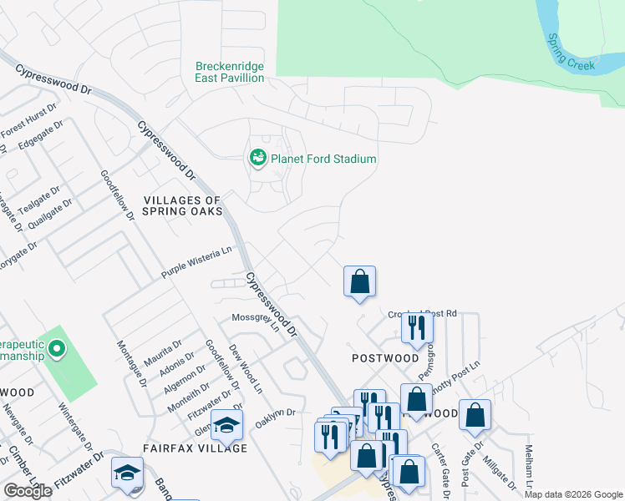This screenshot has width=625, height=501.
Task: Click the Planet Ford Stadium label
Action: click(323, 159)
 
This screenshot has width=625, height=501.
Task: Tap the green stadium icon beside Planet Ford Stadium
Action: click(257, 157)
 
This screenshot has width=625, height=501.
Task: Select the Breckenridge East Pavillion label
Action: click(230, 72)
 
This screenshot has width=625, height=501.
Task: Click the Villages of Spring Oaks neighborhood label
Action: click(182, 205)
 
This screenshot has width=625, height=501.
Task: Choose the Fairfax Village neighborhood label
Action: click(195, 448)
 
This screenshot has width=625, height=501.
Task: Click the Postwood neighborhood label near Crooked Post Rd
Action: click(385, 357)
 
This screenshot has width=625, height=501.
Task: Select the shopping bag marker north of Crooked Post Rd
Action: click(359, 281)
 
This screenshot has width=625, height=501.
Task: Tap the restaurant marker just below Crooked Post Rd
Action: click(417, 327)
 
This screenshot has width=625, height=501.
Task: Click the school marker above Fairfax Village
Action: click(226, 425)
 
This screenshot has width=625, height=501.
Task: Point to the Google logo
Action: click(28, 491)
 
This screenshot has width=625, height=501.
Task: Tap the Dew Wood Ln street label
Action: click(246, 377)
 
